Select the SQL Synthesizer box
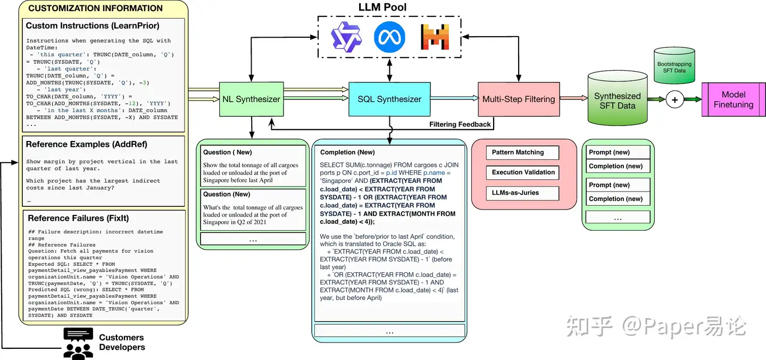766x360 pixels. (x=389, y=99)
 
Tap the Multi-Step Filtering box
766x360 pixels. (x=518, y=99)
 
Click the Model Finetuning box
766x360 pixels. (x=734, y=99)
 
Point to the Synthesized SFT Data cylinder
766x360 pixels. (x=617, y=101)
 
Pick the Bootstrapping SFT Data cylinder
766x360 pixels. (x=675, y=66)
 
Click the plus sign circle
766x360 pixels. (x=675, y=99)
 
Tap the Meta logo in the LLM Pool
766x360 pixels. (x=389, y=37)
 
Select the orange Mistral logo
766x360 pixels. (x=435, y=37)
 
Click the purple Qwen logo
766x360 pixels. (x=346, y=37)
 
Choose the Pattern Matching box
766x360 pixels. (x=522, y=153)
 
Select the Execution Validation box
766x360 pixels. (x=522, y=172)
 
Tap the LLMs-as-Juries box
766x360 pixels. (x=522, y=192)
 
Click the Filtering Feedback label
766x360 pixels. (x=460, y=124)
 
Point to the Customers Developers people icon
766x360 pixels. (x=78, y=342)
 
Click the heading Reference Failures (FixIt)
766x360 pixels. (x=78, y=218)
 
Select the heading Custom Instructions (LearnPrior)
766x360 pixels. (x=93, y=26)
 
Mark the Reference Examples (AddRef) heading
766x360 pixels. (x=87, y=144)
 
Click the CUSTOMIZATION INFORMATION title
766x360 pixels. (x=95, y=9)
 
